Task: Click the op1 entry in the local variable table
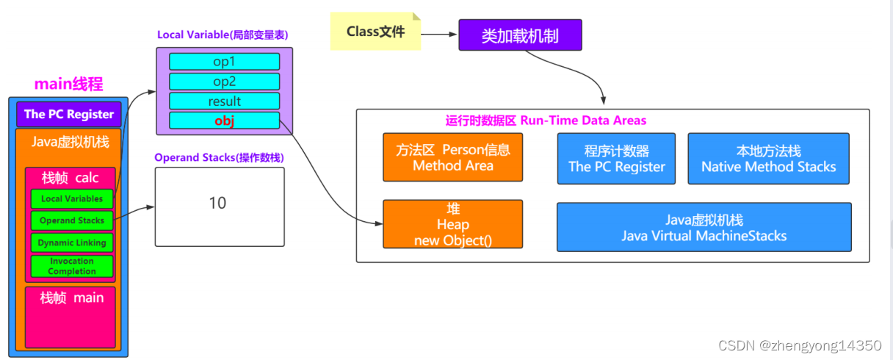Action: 224,62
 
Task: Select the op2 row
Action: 224,82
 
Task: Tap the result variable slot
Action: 224,101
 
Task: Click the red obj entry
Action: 224,121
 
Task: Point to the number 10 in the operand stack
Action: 217,204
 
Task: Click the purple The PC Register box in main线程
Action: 68,114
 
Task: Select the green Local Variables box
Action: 72,198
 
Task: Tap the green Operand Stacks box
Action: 72,220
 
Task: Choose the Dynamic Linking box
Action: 72,242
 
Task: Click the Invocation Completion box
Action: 72,266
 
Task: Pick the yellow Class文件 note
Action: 375,32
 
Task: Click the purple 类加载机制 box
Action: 520,35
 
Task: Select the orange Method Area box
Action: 452,157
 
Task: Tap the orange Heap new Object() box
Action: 452,224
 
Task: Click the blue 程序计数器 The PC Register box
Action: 616,158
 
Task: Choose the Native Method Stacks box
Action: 768,158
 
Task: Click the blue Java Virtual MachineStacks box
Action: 704,228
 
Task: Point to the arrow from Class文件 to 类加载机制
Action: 439,34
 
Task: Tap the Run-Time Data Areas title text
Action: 546,120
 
